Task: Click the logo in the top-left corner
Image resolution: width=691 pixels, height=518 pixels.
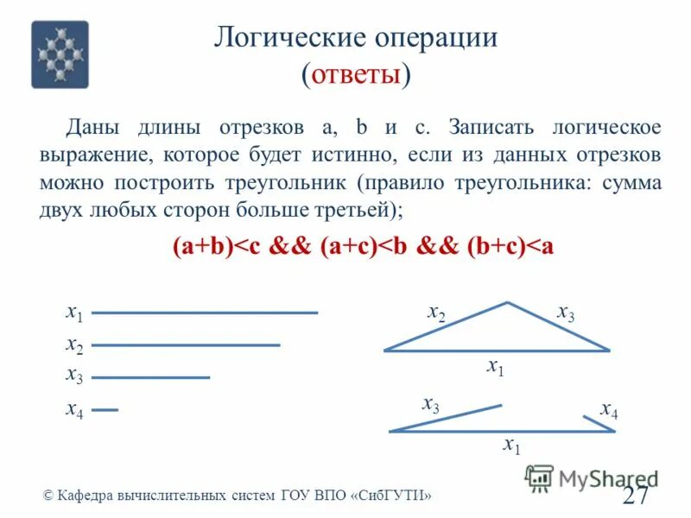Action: click(60, 54)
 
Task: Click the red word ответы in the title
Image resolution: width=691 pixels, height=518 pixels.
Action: click(355, 75)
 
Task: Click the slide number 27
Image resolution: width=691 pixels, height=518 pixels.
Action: click(635, 496)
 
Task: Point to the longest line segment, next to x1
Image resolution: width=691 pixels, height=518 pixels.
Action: click(205, 313)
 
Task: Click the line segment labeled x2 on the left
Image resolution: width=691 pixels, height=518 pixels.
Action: click(186, 345)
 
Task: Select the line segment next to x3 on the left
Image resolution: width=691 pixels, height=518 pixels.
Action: click(151, 377)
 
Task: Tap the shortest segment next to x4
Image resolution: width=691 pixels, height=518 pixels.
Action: click(105, 410)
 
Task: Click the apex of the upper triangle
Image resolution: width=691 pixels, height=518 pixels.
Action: click(508, 303)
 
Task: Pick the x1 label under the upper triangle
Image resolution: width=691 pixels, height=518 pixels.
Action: click(496, 366)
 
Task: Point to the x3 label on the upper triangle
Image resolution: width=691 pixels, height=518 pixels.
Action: click(566, 313)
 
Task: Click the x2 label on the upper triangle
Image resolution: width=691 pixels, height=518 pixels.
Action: click(437, 313)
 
